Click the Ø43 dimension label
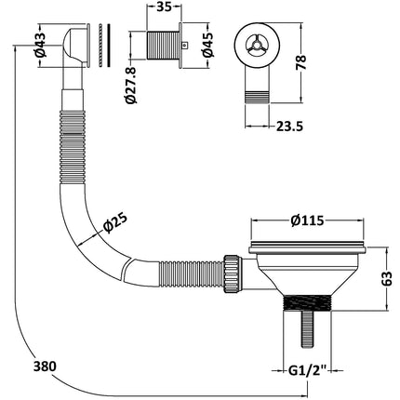[x=40, y=46]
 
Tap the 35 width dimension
[x=164, y=7]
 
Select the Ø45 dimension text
[x=207, y=45]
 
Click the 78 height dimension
[x=301, y=62]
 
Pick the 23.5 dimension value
[x=289, y=127]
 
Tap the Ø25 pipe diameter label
[x=115, y=223]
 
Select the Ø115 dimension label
[x=307, y=220]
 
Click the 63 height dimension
[x=387, y=278]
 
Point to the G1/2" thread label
[x=308, y=370]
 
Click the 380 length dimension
[x=45, y=367]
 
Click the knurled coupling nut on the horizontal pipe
[x=232, y=273]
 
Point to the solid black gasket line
[x=109, y=45]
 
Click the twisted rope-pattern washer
[x=100, y=45]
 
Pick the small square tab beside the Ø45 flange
[x=185, y=46]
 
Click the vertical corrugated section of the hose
[x=72, y=147]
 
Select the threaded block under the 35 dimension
[x=163, y=46]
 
